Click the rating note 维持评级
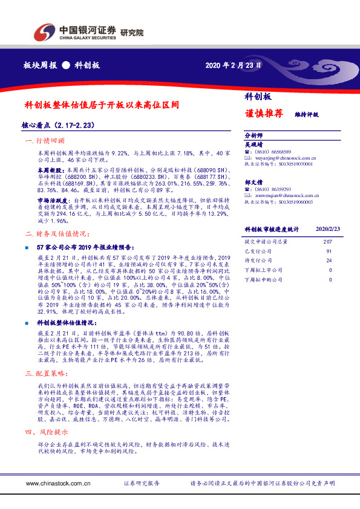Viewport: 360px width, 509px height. click(x=306, y=114)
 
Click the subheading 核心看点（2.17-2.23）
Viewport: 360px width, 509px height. click(x=57, y=125)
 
